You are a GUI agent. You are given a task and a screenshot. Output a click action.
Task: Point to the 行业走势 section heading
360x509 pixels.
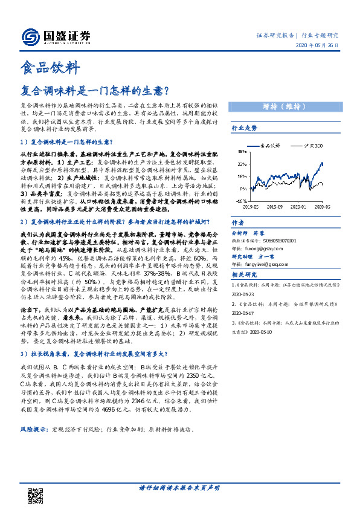click(x=245, y=129)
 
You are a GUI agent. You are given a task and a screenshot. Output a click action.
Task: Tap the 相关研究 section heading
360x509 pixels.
click(x=245, y=274)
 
